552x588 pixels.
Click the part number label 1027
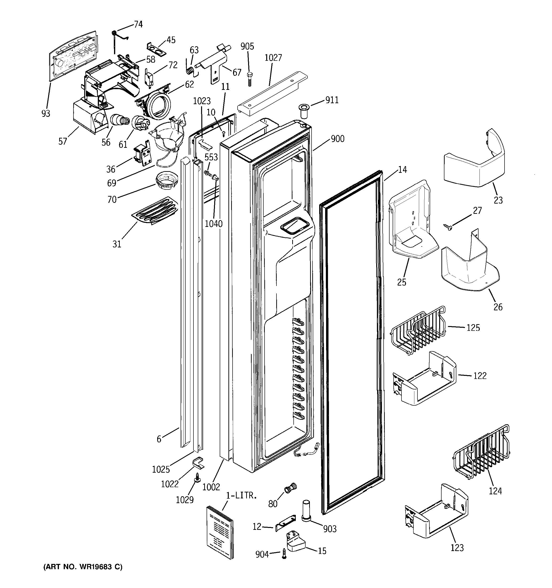[273, 58]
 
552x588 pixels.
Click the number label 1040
[214, 224]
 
